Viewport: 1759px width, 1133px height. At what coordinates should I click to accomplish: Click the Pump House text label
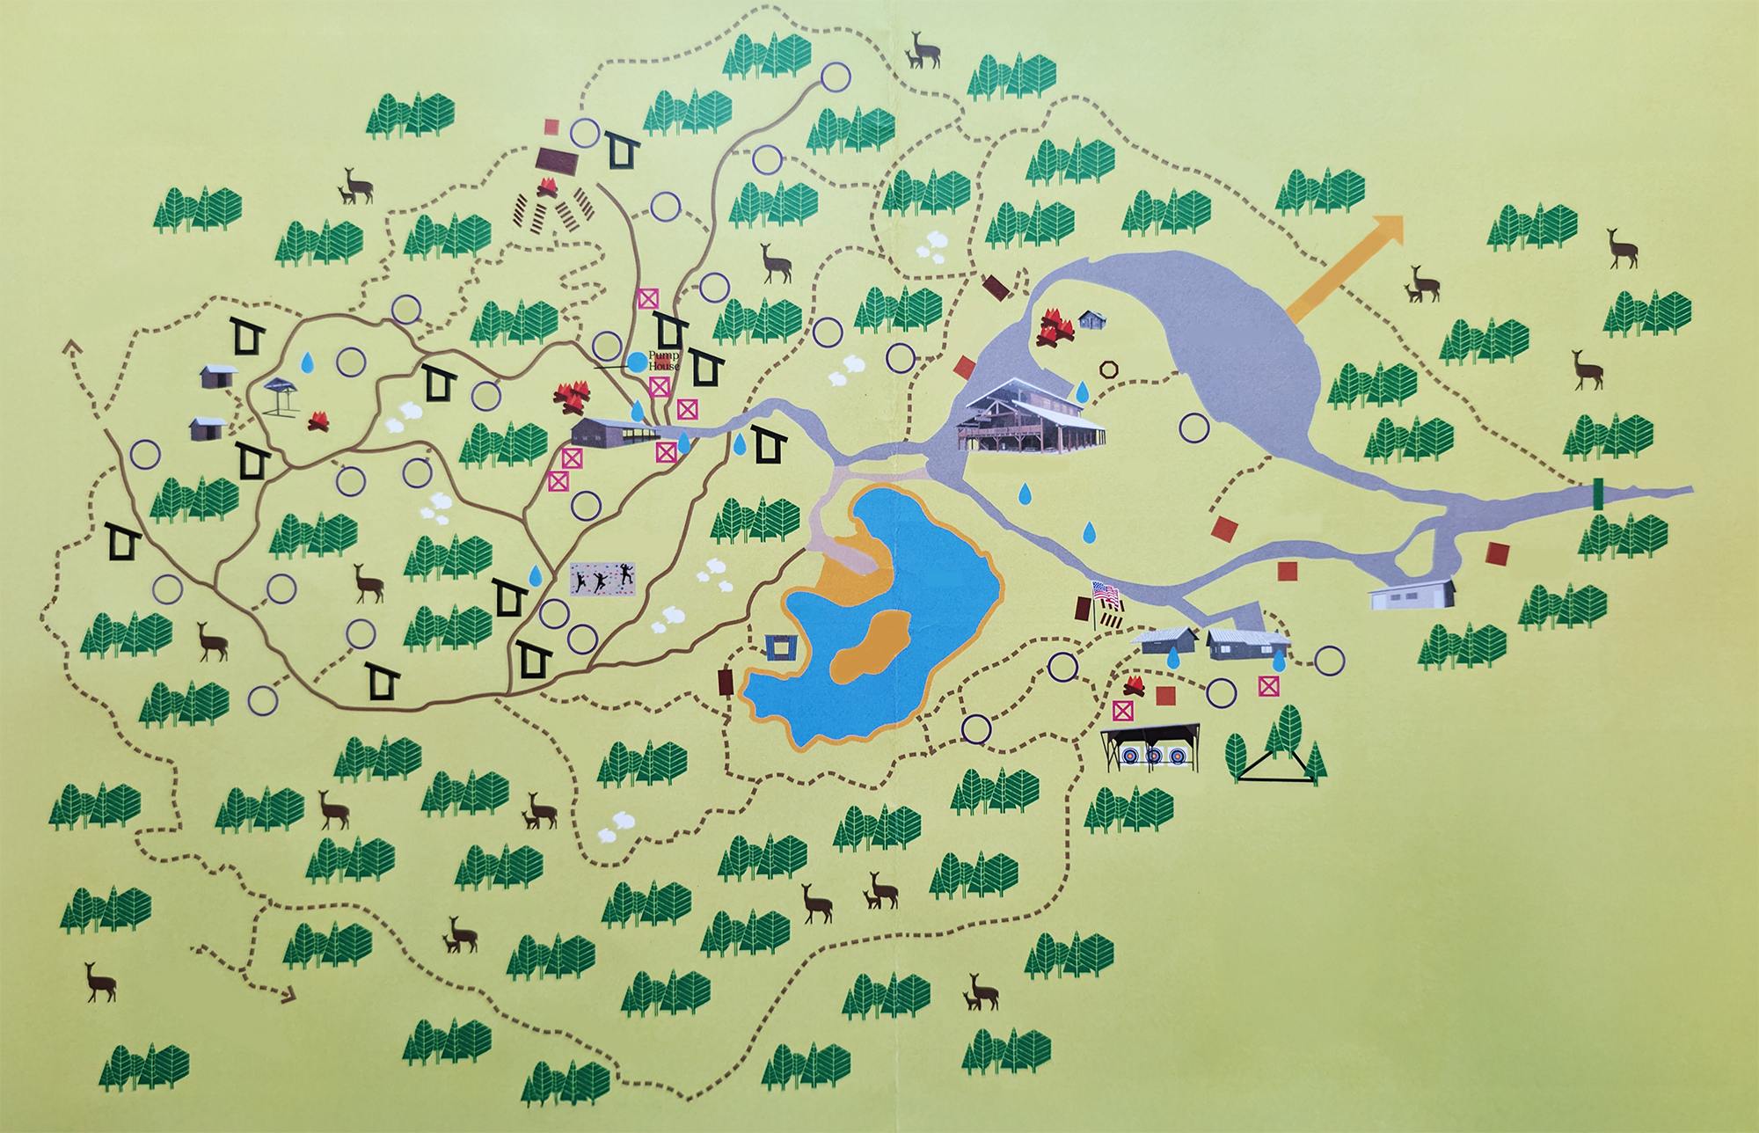[663, 360]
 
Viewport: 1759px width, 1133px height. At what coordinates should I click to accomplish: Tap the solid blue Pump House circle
[637, 361]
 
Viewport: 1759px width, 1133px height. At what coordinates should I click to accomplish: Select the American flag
[1105, 594]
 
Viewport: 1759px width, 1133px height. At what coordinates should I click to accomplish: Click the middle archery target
[1153, 755]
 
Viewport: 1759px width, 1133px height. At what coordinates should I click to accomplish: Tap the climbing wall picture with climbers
[602, 579]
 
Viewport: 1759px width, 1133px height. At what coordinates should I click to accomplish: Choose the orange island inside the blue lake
[872, 647]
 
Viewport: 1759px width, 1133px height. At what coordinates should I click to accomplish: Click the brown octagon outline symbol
[1108, 369]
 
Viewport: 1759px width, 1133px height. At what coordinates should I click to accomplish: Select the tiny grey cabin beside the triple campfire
[1092, 319]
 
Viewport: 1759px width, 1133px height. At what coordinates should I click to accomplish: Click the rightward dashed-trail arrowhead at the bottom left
[288, 995]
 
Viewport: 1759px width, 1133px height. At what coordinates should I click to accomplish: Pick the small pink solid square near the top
[551, 127]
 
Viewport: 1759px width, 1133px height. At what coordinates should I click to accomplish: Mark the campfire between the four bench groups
[547, 187]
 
